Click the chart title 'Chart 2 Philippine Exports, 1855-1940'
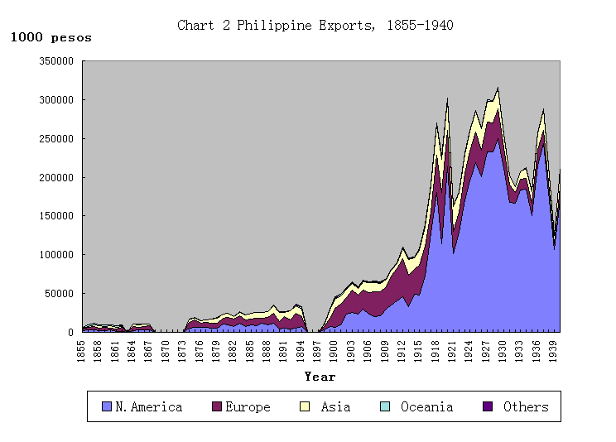pyautogui.click(x=315, y=26)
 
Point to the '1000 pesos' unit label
pyautogui.click(x=51, y=38)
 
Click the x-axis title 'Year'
pyautogui.click(x=320, y=377)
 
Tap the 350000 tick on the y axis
pyautogui.click(x=56, y=61)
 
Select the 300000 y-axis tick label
pyautogui.click(x=56, y=100)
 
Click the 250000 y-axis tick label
pyautogui.click(x=56, y=139)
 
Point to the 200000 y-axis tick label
pyautogui.click(x=56, y=177)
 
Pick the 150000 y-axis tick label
pyautogui.click(x=56, y=216)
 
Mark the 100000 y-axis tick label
pyautogui.click(x=56, y=255)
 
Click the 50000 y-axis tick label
pyautogui.click(x=59, y=293)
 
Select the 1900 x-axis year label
pyautogui.click(x=334, y=348)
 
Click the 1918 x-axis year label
pyautogui.click(x=435, y=348)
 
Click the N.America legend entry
pyautogui.click(x=142, y=406)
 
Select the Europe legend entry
pyautogui.click(x=241, y=406)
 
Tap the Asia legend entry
pyautogui.click(x=325, y=406)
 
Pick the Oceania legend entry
pyautogui.click(x=418, y=406)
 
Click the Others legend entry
pyautogui.click(x=517, y=406)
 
